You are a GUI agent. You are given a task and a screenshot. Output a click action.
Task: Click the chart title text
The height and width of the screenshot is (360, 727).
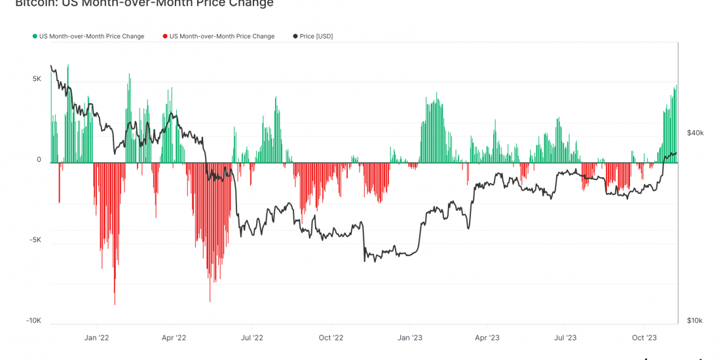[x=144, y=4]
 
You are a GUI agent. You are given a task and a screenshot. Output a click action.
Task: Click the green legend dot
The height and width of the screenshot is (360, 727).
[x=35, y=37]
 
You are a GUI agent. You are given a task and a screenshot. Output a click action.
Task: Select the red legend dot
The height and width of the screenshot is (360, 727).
[x=165, y=37]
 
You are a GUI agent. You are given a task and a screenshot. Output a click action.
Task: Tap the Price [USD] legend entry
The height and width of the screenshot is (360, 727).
[x=316, y=37]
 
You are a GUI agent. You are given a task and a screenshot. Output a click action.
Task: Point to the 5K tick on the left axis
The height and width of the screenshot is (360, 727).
[x=36, y=79]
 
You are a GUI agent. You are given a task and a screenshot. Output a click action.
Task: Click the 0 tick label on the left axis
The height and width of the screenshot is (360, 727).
[x=39, y=160]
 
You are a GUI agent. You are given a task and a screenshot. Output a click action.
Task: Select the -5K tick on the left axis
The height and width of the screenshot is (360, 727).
[x=35, y=240]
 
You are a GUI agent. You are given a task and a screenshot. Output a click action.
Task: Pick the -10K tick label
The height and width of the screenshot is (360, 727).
[x=33, y=321]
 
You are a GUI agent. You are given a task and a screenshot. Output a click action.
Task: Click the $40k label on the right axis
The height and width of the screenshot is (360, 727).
[x=695, y=133]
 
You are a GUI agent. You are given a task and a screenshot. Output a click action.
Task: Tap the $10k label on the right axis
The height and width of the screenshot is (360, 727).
[x=694, y=321]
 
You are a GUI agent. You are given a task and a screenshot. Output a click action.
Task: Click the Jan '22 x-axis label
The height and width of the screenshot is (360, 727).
[x=96, y=338]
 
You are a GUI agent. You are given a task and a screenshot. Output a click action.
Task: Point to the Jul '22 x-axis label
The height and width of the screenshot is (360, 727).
[x=252, y=338]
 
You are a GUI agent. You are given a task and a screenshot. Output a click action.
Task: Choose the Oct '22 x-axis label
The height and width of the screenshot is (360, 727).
[x=331, y=338]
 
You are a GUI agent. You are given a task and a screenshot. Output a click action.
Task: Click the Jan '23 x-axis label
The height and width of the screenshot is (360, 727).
[x=409, y=338]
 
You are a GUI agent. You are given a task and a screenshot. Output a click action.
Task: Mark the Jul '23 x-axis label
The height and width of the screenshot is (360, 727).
[x=565, y=338]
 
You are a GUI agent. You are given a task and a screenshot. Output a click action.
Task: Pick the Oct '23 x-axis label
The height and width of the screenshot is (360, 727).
[x=644, y=338]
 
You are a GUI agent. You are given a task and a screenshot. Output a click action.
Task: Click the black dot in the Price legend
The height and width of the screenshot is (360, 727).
[x=295, y=37]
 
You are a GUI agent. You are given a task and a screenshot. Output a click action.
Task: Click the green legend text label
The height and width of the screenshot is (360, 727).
[x=92, y=37]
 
